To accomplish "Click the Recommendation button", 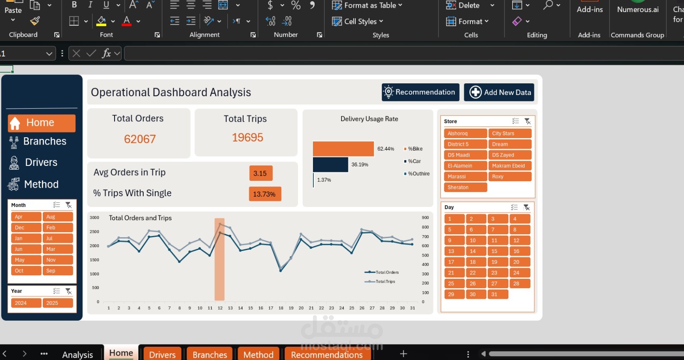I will click(x=420, y=92).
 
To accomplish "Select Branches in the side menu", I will click(x=44, y=142).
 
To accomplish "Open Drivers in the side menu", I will click(x=41, y=162).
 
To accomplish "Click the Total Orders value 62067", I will click(x=140, y=139).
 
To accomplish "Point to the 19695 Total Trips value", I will click(x=248, y=138).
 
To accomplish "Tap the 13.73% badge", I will click(x=264, y=194).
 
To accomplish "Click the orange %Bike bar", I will click(x=343, y=149).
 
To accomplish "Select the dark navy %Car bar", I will click(x=330, y=165).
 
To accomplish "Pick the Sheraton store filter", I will click(x=465, y=187).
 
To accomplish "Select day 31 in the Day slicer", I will click(x=497, y=294).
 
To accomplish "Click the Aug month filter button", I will click(x=57, y=217).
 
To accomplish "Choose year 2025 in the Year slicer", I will click(x=57, y=303).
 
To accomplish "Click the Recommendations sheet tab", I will click(x=327, y=354).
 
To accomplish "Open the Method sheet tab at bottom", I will click(x=258, y=354).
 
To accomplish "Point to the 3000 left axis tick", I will click(x=94, y=218).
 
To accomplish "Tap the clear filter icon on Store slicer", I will click(x=528, y=121).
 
